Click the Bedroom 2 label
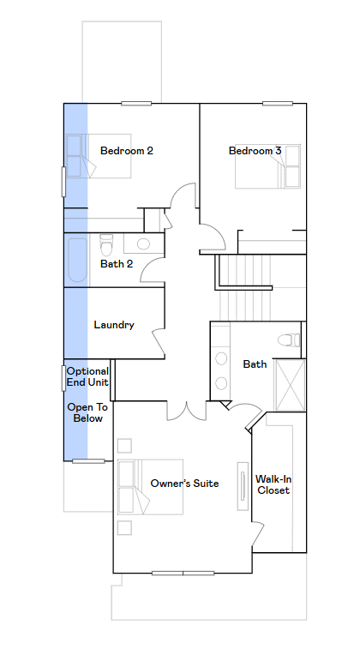click(x=127, y=150)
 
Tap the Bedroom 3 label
click(x=255, y=150)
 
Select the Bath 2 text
click(x=117, y=264)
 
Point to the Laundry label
click(x=114, y=325)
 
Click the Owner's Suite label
click(x=184, y=484)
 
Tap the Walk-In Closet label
click(x=273, y=484)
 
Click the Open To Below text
click(x=87, y=412)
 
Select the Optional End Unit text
click(x=87, y=376)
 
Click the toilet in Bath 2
click(x=106, y=245)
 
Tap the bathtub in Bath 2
click(x=77, y=260)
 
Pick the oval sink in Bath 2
click(x=143, y=243)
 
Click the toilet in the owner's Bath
click(x=289, y=340)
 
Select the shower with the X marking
click(x=290, y=385)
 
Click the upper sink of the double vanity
click(x=221, y=358)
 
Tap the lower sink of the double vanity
click(x=221, y=383)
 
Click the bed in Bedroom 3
click(x=267, y=166)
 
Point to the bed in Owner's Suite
click(x=150, y=487)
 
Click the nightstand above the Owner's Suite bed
click(x=124, y=445)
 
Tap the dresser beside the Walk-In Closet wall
click(x=243, y=486)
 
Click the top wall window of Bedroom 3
click(x=278, y=103)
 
